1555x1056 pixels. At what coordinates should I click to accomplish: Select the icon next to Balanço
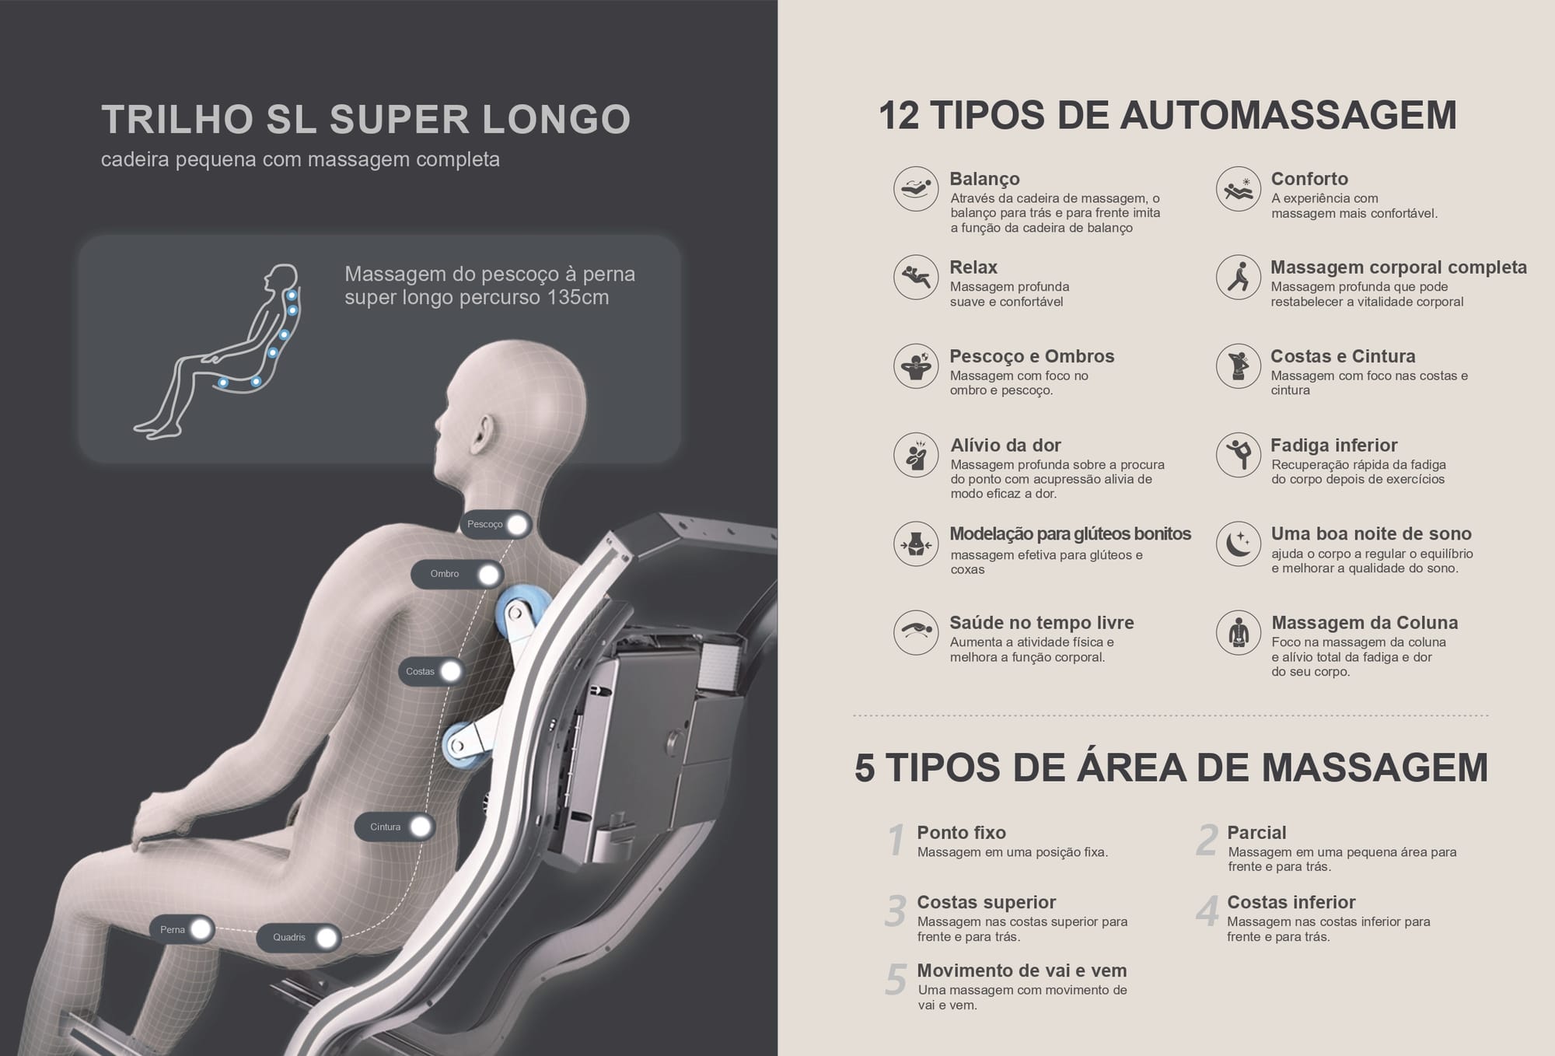point(916,189)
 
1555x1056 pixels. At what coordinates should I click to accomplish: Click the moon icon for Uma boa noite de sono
point(1239,544)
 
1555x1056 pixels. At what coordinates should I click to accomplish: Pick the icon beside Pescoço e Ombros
point(916,366)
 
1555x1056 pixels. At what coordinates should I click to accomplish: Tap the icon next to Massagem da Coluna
point(1239,632)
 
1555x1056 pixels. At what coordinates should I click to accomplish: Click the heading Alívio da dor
point(1005,446)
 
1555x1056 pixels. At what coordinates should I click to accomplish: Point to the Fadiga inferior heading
point(1333,446)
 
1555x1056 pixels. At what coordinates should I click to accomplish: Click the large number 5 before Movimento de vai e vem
point(896,980)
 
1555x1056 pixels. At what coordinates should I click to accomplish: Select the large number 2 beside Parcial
point(1207,841)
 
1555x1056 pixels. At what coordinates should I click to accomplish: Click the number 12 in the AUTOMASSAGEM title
point(899,116)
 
